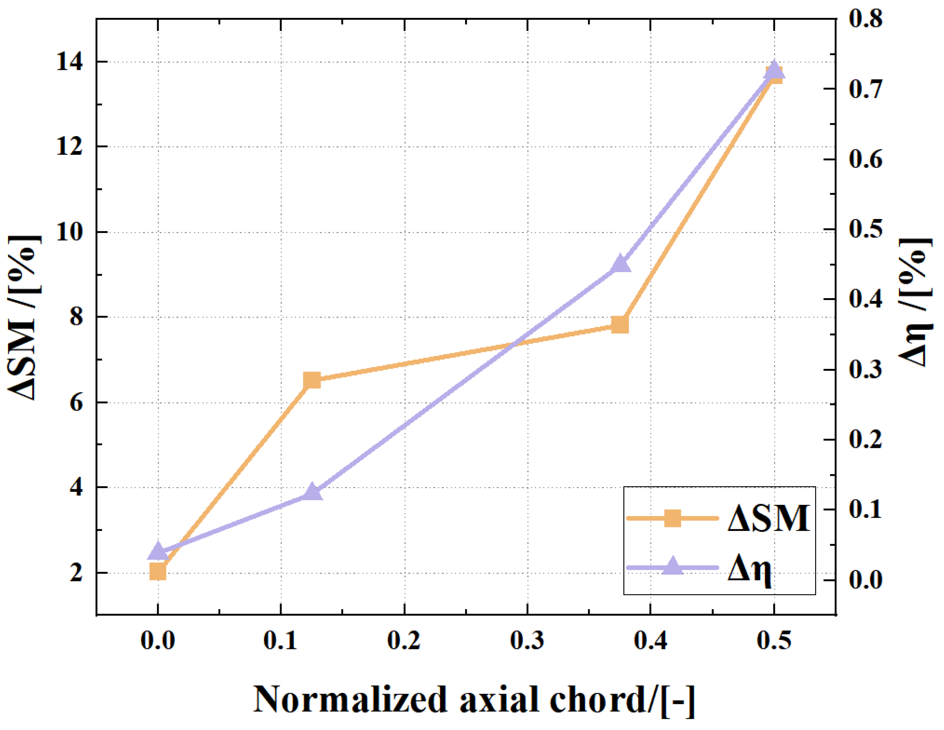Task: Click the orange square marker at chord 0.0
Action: (158, 571)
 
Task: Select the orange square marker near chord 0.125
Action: (311, 380)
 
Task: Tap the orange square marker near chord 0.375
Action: (620, 324)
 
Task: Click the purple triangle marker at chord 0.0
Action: (158, 551)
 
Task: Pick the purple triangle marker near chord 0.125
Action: (311, 492)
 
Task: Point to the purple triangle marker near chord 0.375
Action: (620, 264)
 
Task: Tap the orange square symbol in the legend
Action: (673, 518)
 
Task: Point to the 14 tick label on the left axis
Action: (69, 62)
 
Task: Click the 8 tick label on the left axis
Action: (76, 317)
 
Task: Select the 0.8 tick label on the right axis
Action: (865, 19)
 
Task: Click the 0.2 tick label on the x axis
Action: (404, 641)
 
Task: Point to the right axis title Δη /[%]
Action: (916, 302)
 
